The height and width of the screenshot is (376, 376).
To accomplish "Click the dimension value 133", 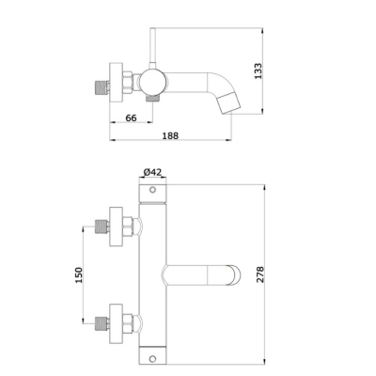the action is point(258,71).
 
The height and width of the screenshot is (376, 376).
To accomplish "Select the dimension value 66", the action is point(131,118).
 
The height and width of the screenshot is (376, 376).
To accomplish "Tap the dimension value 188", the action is point(170,135).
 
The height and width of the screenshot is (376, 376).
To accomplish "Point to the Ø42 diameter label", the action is point(152,172).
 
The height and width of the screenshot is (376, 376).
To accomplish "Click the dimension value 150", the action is point(79,275).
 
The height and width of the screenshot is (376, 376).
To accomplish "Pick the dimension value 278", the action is point(260,274).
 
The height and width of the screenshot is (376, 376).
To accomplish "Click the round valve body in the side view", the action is point(152,82).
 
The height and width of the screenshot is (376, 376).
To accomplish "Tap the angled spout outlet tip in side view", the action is point(229,102).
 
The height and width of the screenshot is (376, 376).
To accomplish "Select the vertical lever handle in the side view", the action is point(152,49).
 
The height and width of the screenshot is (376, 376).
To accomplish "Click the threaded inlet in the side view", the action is point(102,88).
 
